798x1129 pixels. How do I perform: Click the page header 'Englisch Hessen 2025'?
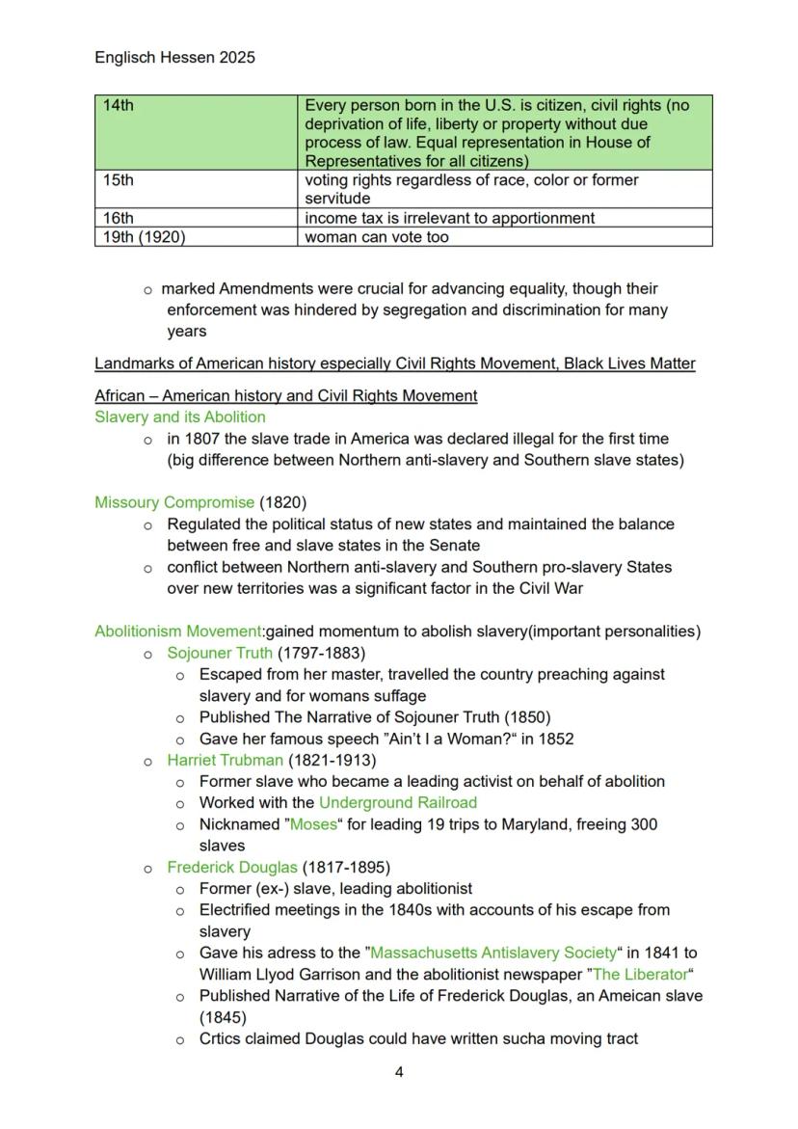[x=174, y=58]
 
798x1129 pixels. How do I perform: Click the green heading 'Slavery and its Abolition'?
[x=179, y=417]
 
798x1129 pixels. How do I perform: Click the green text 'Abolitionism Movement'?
[x=177, y=632]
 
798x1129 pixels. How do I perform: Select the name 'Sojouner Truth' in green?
[x=220, y=653]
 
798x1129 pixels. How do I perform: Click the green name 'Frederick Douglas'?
[x=232, y=867]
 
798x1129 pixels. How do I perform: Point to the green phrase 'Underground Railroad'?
[x=397, y=802]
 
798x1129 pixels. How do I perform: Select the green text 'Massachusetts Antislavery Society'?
[x=492, y=953]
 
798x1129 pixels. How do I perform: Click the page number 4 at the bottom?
[x=399, y=1072]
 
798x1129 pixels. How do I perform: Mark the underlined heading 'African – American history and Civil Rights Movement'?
[x=285, y=396]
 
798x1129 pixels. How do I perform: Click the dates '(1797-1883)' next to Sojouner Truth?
[x=321, y=653]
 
